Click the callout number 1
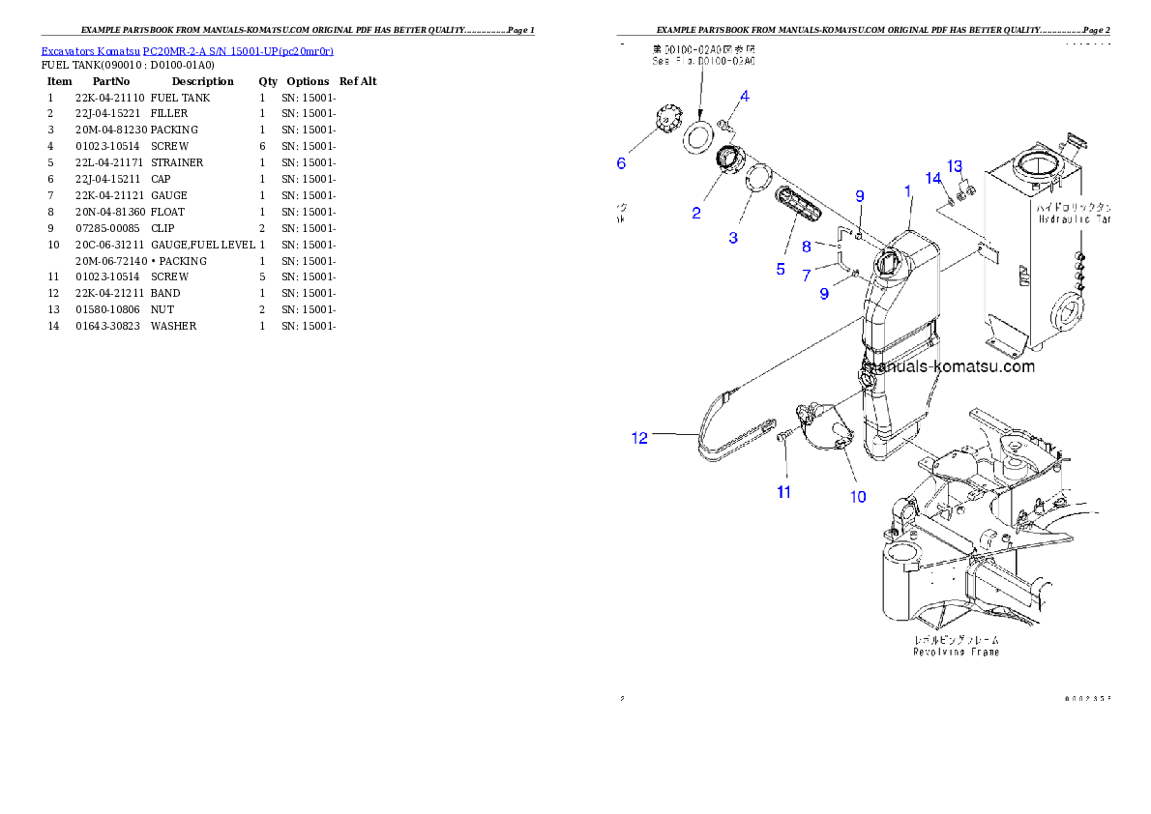pos(908,191)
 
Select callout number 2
pos(696,213)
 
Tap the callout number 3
pos(733,237)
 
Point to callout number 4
pos(745,96)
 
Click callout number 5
pos(781,269)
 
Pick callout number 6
pos(622,163)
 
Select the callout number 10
pos(807,276)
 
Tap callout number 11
pos(784,492)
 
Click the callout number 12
pos(639,438)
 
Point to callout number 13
pos(955,166)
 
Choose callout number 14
pos(932,178)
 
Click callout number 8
pos(807,247)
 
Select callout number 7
pos(807,276)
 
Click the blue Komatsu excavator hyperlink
pos(187,51)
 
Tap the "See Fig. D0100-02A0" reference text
pos(702,60)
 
